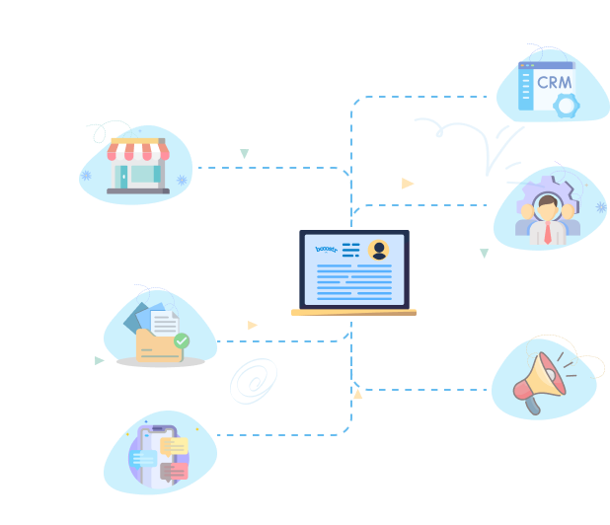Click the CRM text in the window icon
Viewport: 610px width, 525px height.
(554, 82)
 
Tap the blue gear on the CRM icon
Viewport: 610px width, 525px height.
(566, 106)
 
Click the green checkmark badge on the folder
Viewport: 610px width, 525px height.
(182, 340)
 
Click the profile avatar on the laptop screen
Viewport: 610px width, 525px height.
(378, 250)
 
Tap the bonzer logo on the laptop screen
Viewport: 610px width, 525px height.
(326, 249)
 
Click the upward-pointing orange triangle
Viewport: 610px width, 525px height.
(357, 395)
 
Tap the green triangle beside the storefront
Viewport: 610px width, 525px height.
(245, 154)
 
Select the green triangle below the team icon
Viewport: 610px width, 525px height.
(484, 254)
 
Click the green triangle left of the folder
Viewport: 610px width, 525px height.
(99, 360)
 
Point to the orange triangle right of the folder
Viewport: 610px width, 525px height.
(253, 325)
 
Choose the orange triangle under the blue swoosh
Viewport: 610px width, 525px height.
(408, 184)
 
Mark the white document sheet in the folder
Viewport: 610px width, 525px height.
(165, 323)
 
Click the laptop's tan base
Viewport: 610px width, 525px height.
(353, 312)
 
